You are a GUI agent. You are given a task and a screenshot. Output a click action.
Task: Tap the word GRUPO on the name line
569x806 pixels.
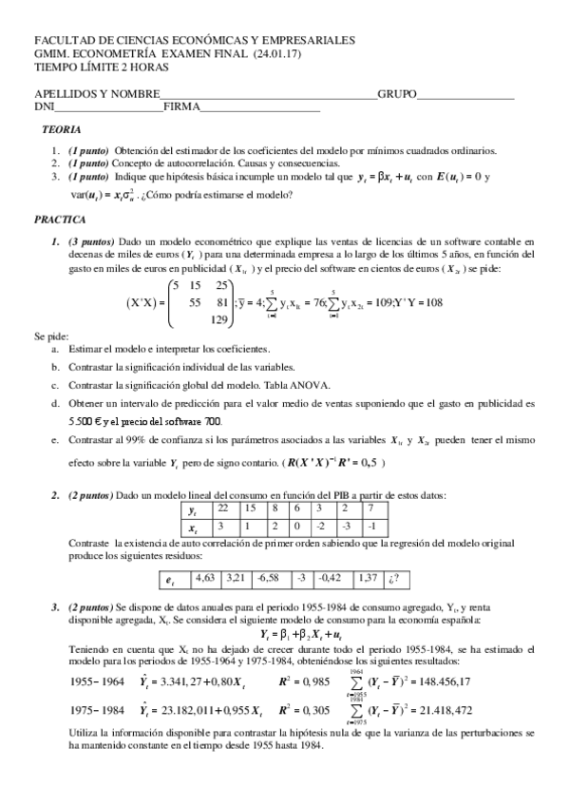[x=397, y=95]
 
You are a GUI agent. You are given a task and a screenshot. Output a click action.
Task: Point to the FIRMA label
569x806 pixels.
[x=181, y=107]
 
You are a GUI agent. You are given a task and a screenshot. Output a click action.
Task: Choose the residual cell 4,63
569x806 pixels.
[x=205, y=576]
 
